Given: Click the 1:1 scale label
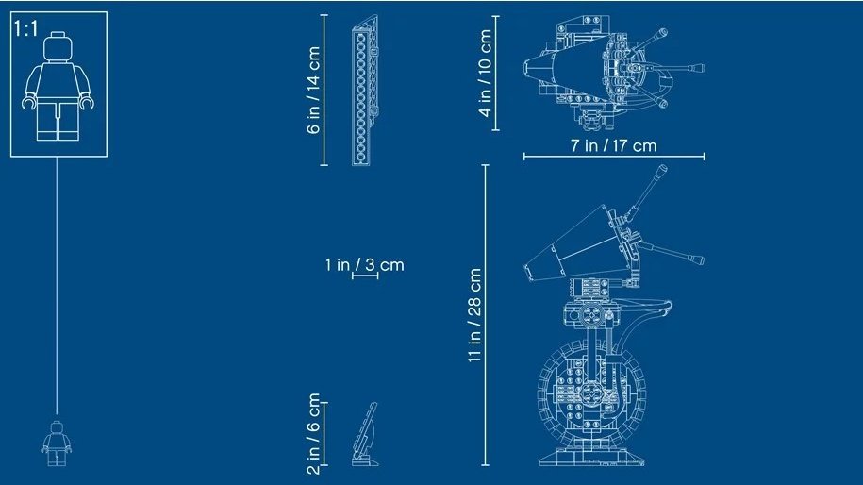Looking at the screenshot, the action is point(25,28).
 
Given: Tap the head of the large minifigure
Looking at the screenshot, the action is point(58,47).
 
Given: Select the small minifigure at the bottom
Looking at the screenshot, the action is point(57,443).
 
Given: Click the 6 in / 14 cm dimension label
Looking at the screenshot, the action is point(314,90).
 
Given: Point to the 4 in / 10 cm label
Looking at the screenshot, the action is point(485,73).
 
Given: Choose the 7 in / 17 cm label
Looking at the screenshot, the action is point(614,146).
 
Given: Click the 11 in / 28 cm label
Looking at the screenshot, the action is point(474,315).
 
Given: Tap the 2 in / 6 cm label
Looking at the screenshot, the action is point(314,434).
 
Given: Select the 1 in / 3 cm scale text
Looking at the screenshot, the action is point(364,265).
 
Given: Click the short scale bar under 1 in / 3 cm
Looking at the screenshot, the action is point(365,275).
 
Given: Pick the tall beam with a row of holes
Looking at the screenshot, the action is point(365,91).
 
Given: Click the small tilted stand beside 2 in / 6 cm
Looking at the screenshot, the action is point(365,434).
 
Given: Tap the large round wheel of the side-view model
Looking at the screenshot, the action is point(590,392).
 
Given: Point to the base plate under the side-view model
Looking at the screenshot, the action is point(591,458).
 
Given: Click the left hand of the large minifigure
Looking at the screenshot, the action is point(29,102).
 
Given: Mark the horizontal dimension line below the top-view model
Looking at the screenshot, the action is point(614,157).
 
